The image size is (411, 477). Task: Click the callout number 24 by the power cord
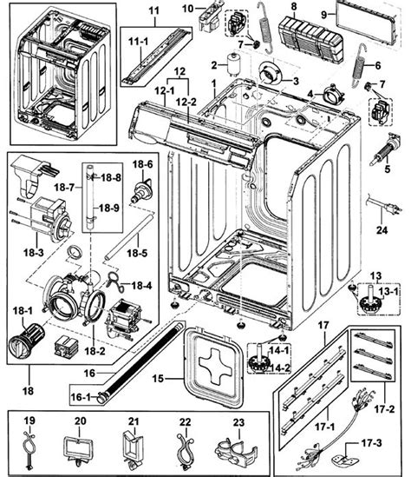pyautogui.click(x=382, y=230)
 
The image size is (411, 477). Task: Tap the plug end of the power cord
pyautogui.click(x=394, y=209)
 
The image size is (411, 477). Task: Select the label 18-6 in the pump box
pyautogui.click(x=142, y=164)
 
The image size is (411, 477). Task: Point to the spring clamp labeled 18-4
pyautogui.click(x=114, y=281)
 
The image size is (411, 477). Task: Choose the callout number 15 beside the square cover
pyautogui.click(x=158, y=379)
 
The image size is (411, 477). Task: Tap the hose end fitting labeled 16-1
pyautogui.click(x=102, y=398)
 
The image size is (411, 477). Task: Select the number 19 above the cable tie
pyautogui.click(x=29, y=421)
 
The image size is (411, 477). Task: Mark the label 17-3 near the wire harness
pyautogui.click(x=371, y=443)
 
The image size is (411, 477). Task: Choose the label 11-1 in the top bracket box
pyautogui.click(x=139, y=42)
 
